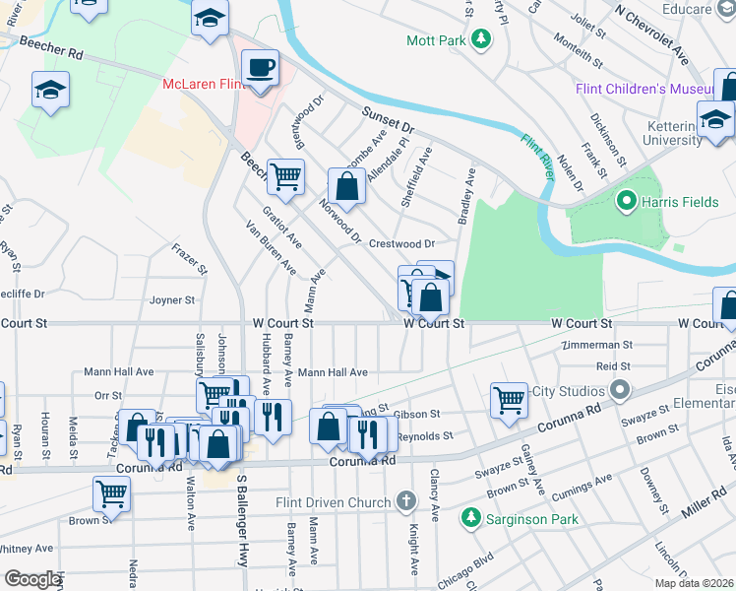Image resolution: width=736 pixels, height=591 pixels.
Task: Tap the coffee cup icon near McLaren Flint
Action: [260, 68]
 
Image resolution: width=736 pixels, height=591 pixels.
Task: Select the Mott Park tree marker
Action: [481, 40]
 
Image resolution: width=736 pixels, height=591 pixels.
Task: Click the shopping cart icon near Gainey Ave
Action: [509, 400]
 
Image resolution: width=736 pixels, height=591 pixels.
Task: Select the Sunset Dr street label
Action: [389, 120]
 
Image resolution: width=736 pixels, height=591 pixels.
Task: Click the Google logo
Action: [32, 579]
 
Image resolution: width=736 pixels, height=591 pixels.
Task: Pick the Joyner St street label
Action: [172, 299]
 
